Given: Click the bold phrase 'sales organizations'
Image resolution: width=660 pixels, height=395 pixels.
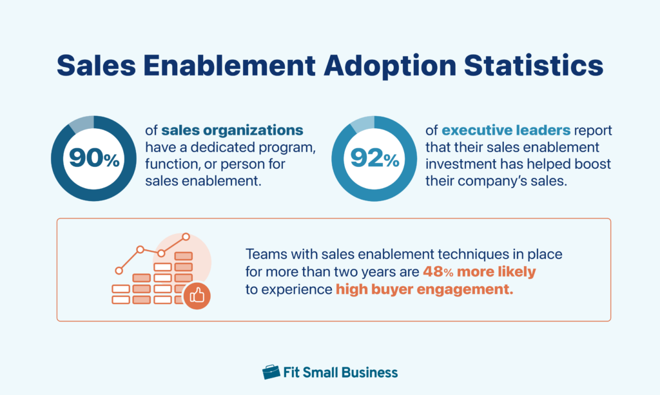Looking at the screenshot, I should pyautogui.click(x=232, y=131).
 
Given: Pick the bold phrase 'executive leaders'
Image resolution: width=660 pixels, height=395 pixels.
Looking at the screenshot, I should pyautogui.click(x=499, y=131).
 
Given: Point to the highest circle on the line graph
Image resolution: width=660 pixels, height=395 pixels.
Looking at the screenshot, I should pyautogui.click(x=186, y=237).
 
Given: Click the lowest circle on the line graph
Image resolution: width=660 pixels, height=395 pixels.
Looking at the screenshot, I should pyautogui.click(x=119, y=271).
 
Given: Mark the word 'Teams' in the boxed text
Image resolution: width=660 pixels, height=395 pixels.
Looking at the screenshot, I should pyautogui.click(x=265, y=255).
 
